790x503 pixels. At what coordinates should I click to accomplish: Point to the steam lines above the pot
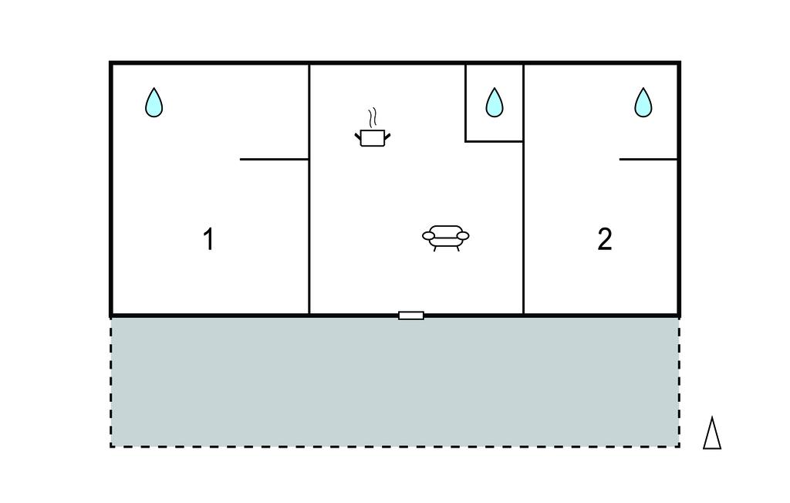(373, 118)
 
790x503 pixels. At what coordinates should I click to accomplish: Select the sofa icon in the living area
(445, 238)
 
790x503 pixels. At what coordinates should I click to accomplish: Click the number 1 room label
(208, 239)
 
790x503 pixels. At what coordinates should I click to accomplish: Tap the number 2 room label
(605, 239)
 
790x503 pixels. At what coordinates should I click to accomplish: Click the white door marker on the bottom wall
(411, 316)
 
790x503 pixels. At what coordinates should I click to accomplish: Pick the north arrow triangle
(712, 433)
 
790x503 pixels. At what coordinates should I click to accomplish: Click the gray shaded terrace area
(395, 382)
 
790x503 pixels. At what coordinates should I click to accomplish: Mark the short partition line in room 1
(274, 159)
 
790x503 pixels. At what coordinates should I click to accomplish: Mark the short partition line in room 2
(648, 159)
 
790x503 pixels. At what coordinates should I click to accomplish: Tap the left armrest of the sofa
(427, 235)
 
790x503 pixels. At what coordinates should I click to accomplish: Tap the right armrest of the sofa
(464, 235)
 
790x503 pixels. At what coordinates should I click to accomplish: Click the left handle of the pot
(358, 136)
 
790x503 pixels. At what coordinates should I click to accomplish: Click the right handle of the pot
(387, 136)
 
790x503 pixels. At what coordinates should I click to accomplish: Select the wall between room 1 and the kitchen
(309, 189)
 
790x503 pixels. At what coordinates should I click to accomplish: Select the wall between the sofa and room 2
(524, 189)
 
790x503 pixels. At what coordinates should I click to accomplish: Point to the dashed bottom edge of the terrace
(395, 446)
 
